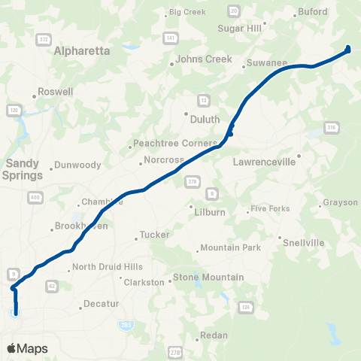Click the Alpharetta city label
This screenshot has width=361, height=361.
click(x=83, y=51)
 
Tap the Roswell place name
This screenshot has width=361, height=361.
click(x=56, y=92)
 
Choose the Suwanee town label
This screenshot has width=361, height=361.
click(x=268, y=62)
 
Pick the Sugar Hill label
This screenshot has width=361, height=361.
click(x=238, y=28)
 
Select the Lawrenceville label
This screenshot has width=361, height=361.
click(x=266, y=161)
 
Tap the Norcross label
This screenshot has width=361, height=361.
click(x=164, y=159)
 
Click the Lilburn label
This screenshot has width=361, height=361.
click(x=211, y=212)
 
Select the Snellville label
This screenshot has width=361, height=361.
click(x=302, y=242)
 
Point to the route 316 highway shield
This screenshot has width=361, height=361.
click(x=331, y=127)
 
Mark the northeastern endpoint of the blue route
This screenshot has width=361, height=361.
click(x=348, y=50)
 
